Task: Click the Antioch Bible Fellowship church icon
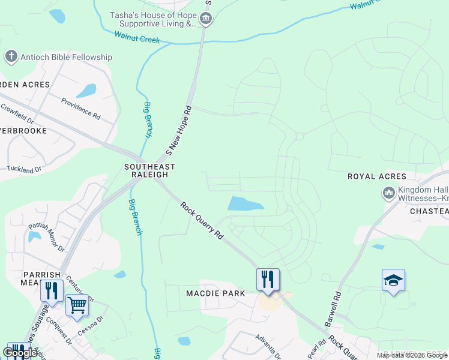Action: tap(10, 57)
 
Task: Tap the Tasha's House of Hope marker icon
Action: tap(206, 19)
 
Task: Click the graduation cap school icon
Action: tap(393, 280)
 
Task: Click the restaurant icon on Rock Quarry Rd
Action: tap(268, 278)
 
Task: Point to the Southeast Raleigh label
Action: tap(149, 170)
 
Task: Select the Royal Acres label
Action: tap(377, 176)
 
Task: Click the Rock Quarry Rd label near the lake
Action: tap(202, 220)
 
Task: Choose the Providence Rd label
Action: tap(80, 106)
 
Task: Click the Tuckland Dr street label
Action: tap(24, 169)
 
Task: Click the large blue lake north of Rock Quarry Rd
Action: tap(245, 203)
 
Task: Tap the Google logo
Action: tap(20, 352)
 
